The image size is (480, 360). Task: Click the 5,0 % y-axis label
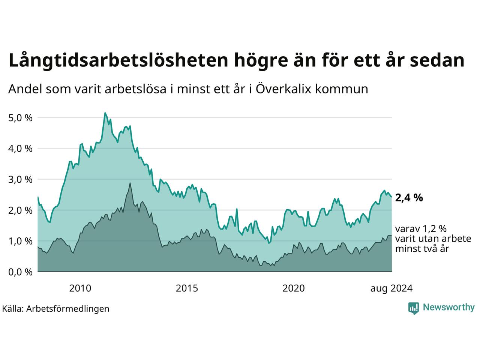point(20,118)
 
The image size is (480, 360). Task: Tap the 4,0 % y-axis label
point(20,149)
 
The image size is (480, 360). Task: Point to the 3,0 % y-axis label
point(20,180)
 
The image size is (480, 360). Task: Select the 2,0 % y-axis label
point(20,211)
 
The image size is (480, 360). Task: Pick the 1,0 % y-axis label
point(20,241)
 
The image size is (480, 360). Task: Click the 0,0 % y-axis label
point(20,272)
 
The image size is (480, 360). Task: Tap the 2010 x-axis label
point(80,288)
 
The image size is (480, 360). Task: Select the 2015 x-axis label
point(187,288)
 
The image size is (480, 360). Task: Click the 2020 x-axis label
point(294,288)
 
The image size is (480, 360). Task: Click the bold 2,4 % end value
point(409,198)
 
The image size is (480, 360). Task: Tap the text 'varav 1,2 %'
point(421,229)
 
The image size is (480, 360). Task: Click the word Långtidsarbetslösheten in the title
point(118,60)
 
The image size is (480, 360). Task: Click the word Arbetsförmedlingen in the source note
point(67,309)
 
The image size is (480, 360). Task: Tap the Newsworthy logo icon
point(414,308)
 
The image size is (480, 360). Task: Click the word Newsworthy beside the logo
point(449,307)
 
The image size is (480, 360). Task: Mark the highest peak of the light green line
point(105,113)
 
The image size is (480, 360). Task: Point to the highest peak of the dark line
point(130,183)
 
